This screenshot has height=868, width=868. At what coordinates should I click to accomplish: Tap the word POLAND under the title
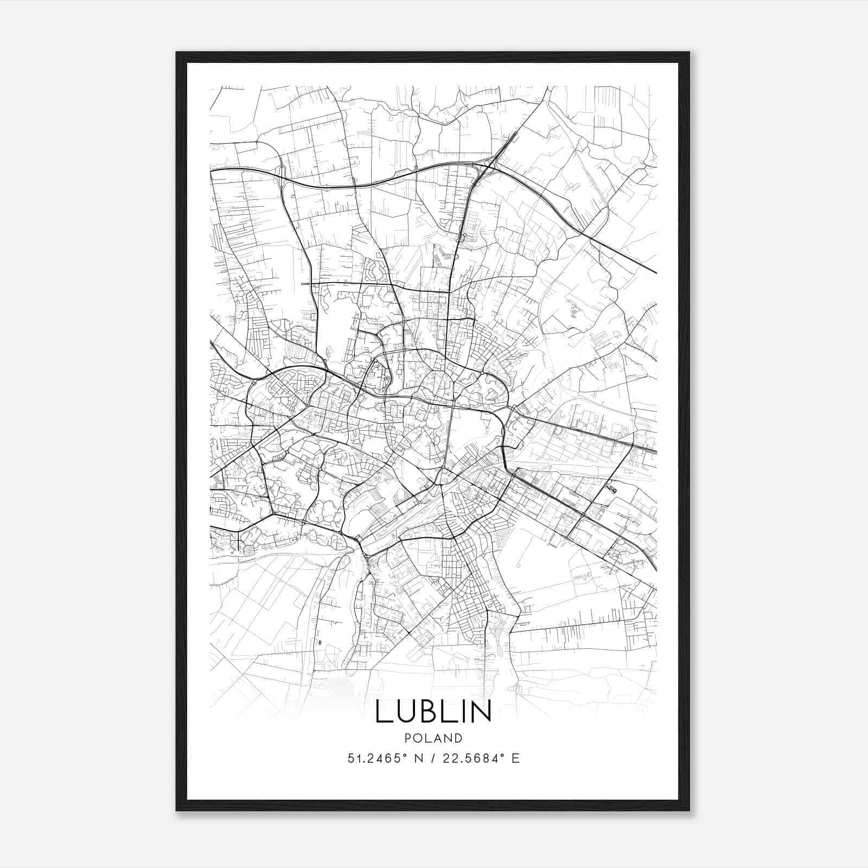click(x=433, y=738)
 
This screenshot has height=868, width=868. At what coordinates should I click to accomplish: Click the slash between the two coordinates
click(x=432, y=758)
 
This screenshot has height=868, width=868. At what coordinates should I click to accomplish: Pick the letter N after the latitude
click(x=418, y=758)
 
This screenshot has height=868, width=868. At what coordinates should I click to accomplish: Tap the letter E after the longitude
click(x=515, y=758)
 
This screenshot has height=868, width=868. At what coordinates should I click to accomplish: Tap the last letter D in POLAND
click(x=459, y=738)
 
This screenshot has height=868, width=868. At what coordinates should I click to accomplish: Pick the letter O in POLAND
click(x=417, y=738)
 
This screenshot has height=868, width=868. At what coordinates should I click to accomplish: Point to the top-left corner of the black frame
click(x=177, y=53)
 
